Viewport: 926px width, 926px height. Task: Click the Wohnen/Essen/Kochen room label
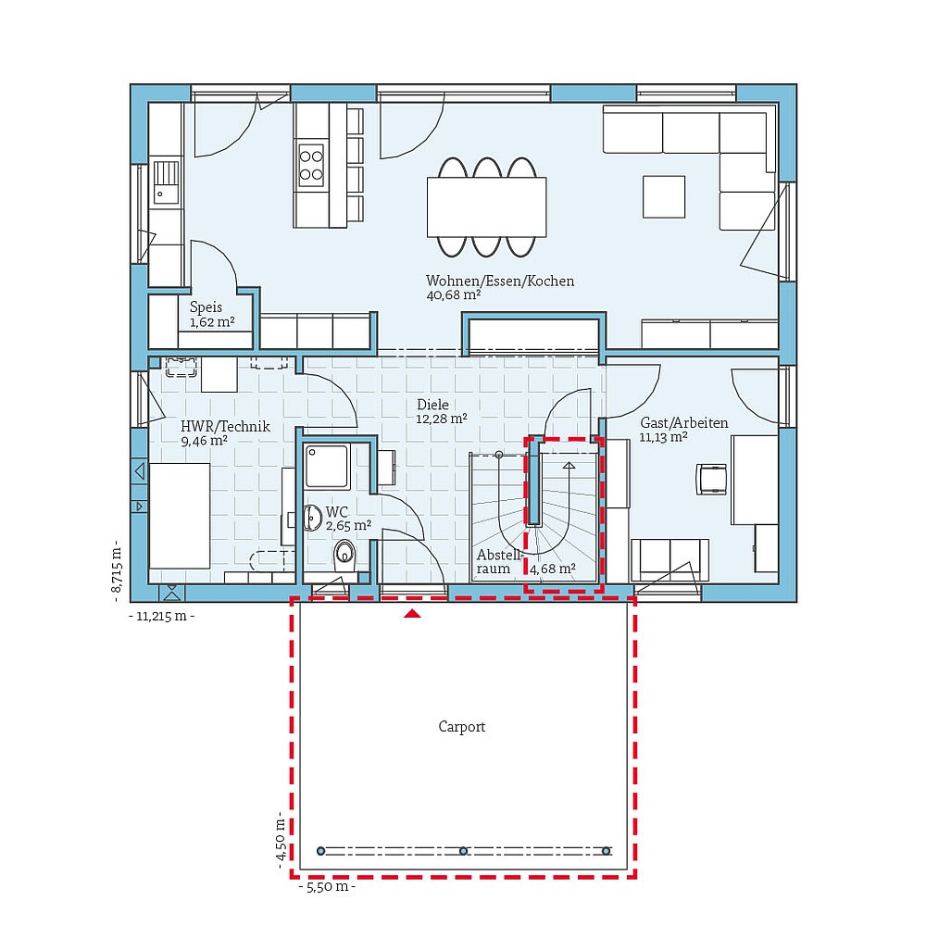pyautogui.click(x=500, y=281)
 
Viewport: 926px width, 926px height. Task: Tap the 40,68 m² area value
pyautogui.click(x=454, y=295)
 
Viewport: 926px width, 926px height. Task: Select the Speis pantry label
pyautogui.click(x=206, y=307)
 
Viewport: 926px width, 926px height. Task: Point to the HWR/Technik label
pyautogui.click(x=225, y=426)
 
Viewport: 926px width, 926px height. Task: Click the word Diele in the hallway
pyautogui.click(x=432, y=405)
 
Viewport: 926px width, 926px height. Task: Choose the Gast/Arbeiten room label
pyautogui.click(x=683, y=422)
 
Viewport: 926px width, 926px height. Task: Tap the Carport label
pyautogui.click(x=461, y=727)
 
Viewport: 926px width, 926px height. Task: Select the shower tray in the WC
pyautogui.click(x=326, y=467)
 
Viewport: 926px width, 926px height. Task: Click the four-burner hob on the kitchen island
pyautogui.click(x=311, y=163)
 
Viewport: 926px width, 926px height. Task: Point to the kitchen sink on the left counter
pyautogui.click(x=166, y=181)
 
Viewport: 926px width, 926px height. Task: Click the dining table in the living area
pyautogui.click(x=486, y=206)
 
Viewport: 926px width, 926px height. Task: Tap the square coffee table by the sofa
pyautogui.click(x=664, y=196)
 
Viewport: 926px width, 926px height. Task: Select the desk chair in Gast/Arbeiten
pyautogui.click(x=713, y=479)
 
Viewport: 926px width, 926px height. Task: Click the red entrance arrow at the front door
pyautogui.click(x=412, y=612)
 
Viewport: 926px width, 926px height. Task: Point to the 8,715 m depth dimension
pyautogui.click(x=117, y=568)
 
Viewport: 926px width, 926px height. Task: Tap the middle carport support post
pyautogui.click(x=463, y=851)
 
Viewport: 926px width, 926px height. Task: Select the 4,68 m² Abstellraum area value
pyautogui.click(x=552, y=569)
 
